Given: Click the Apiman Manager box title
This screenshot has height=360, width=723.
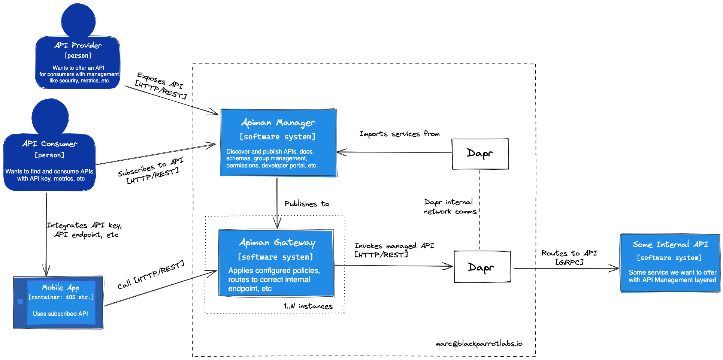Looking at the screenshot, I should pyautogui.click(x=278, y=122).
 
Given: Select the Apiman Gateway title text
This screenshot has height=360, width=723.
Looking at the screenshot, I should pyautogui.click(x=277, y=243).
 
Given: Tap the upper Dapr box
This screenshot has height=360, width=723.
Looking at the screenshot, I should pyautogui.click(x=480, y=154).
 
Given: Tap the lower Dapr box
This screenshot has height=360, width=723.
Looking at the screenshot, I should pyautogui.click(x=482, y=267).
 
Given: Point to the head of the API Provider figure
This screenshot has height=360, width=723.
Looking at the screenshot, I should pyautogui.click(x=78, y=21).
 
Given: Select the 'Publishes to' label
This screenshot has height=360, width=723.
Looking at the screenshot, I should pyautogui.click(x=306, y=204).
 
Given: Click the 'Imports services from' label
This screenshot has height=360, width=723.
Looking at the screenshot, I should pyautogui.click(x=399, y=134).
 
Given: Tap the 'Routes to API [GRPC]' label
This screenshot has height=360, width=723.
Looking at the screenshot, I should pyautogui.click(x=569, y=257).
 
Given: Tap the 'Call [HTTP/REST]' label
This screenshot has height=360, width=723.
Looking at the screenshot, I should pyautogui.click(x=151, y=275).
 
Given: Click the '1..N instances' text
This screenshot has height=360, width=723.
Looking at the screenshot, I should pyautogui.click(x=308, y=306).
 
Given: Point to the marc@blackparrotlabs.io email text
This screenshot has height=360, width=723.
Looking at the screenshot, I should pyautogui.click(x=478, y=343).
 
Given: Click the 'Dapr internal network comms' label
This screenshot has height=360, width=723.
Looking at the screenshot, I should pyautogui.click(x=450, y=206).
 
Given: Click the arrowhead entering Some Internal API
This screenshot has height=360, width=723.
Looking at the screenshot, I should pyautogui.click(x=615, y=268).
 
